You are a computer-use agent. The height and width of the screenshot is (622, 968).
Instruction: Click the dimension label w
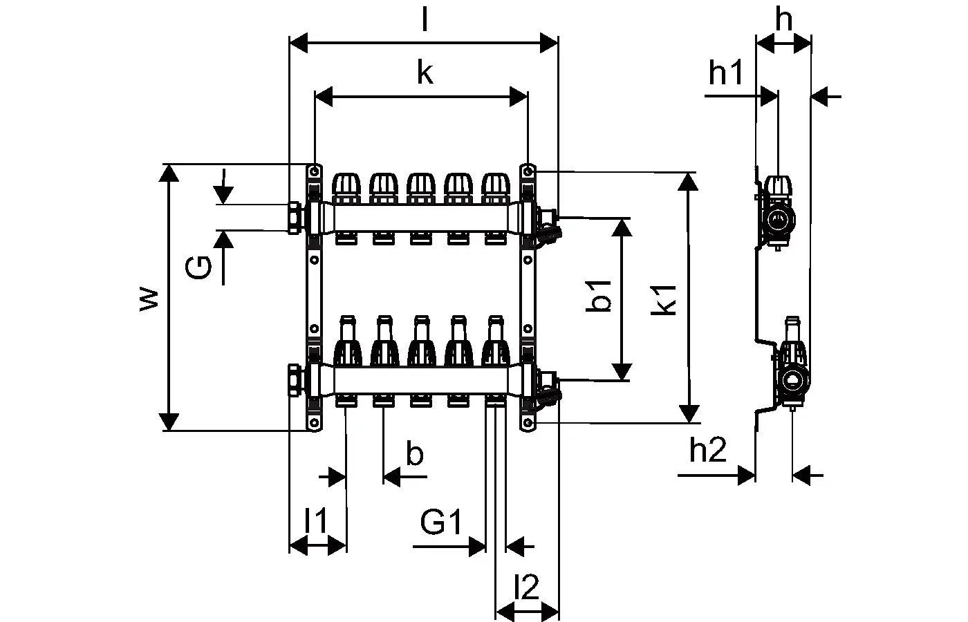(x=149, y=298)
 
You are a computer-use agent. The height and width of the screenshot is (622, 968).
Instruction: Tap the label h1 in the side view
(x=725, y=73)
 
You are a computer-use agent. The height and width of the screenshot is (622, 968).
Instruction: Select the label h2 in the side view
(x=708, y=451)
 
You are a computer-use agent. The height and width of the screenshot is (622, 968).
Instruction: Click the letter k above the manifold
(x=424, y=73)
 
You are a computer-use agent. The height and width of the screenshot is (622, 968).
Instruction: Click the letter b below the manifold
(x=414, y=454)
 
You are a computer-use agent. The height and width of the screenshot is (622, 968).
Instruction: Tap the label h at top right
(x=783, y=20)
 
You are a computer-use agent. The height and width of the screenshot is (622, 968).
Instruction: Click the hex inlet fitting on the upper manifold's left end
(x=295, y=217)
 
